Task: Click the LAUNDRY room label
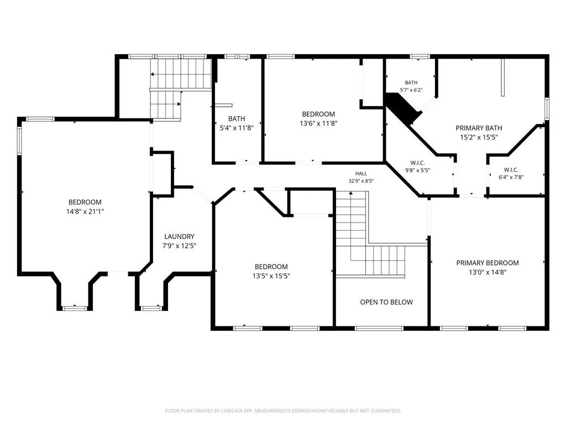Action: [x=180, y=237]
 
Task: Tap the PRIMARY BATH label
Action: [x=479, y=128]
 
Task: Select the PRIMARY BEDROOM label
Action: [x=488, y=263]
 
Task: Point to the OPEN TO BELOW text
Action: [x=386, y=302]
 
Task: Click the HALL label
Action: [x=361, y=174]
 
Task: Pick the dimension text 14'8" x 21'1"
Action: [x=85, y=211]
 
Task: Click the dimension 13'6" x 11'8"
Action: [x=318, y=123]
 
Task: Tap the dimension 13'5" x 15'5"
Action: [x=271, y=276]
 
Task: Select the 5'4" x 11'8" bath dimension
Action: [x=237, y=128]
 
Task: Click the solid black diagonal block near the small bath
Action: [x=403, y=108]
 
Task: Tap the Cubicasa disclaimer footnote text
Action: [x=283, y=411]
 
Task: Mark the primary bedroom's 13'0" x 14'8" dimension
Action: [x=488, y=272]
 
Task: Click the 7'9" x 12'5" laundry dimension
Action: [x=180, y=246]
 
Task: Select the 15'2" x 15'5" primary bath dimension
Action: [x=479, y=137]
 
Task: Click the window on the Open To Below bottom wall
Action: [x=379, y=329]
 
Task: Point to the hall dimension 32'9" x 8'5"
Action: [x=361, y=181]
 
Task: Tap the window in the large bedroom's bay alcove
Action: [x=75, y=308]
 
